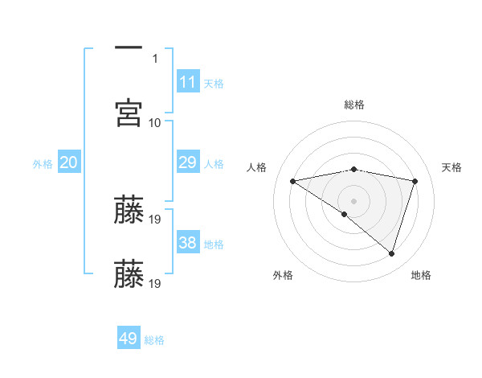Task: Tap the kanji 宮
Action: pyautogui.click(x=129, y=112)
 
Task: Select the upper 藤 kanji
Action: pyautogui.click(x=129, y=209)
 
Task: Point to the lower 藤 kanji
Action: pyautogui.click(x=129, y=273)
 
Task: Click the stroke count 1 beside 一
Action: pyautogui.click(x=156, y=58)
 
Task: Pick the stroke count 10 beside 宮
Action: pyautogui.click(x=155, y=122)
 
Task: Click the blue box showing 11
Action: pyautogui.click(x=188, y=82)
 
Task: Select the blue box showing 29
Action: pyautogui.click(x=188, y=162)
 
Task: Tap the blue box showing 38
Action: pyautogui.click(x=188, y=243)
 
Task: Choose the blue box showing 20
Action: pyautogui.click(x=69, y=162)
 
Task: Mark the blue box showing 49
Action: pyautogui.click(x=129, y=339)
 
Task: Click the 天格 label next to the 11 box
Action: pyautogui.click(x=214, y=84)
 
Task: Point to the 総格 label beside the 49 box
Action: pyautogui.click(x=154, y=340)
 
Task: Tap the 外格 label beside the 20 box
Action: pyautogui.click(x=43, y=164)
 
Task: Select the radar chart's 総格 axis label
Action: pyautogui.click(x=354, y=105)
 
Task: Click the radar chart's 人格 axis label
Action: pyautogui.click(x=257, y=167)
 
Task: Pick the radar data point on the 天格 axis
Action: pyautogui.click(x=415, y=181)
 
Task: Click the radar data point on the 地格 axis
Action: pyautogui.click(x=391, y=254)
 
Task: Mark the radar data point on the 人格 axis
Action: pyautogui.click(x=293, y=181)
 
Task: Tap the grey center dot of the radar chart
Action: pyautogui.click(x=354, y=200)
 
